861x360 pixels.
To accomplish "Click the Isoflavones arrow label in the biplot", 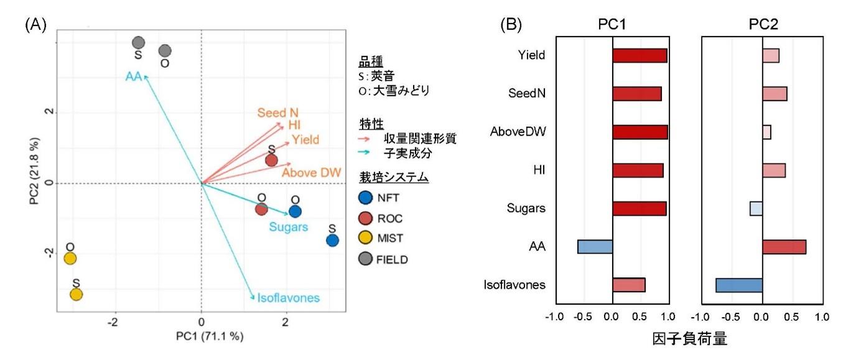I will pos(289,298).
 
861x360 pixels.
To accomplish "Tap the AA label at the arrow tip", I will pos(134,76).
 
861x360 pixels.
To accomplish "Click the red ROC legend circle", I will pos(366,219).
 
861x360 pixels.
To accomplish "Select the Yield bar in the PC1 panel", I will pos(640,55).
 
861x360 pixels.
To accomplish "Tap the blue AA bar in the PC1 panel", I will pos(595,247).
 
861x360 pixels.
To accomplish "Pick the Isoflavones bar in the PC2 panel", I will pos(739,285).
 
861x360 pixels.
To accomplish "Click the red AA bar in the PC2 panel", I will pos(784,247).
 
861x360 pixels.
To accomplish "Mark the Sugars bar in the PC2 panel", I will pos(756,208).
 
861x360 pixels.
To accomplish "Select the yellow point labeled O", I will pos(70,258).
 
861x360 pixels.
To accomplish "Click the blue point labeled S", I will pos(332,241).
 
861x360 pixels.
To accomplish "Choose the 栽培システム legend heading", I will pos(394,177).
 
